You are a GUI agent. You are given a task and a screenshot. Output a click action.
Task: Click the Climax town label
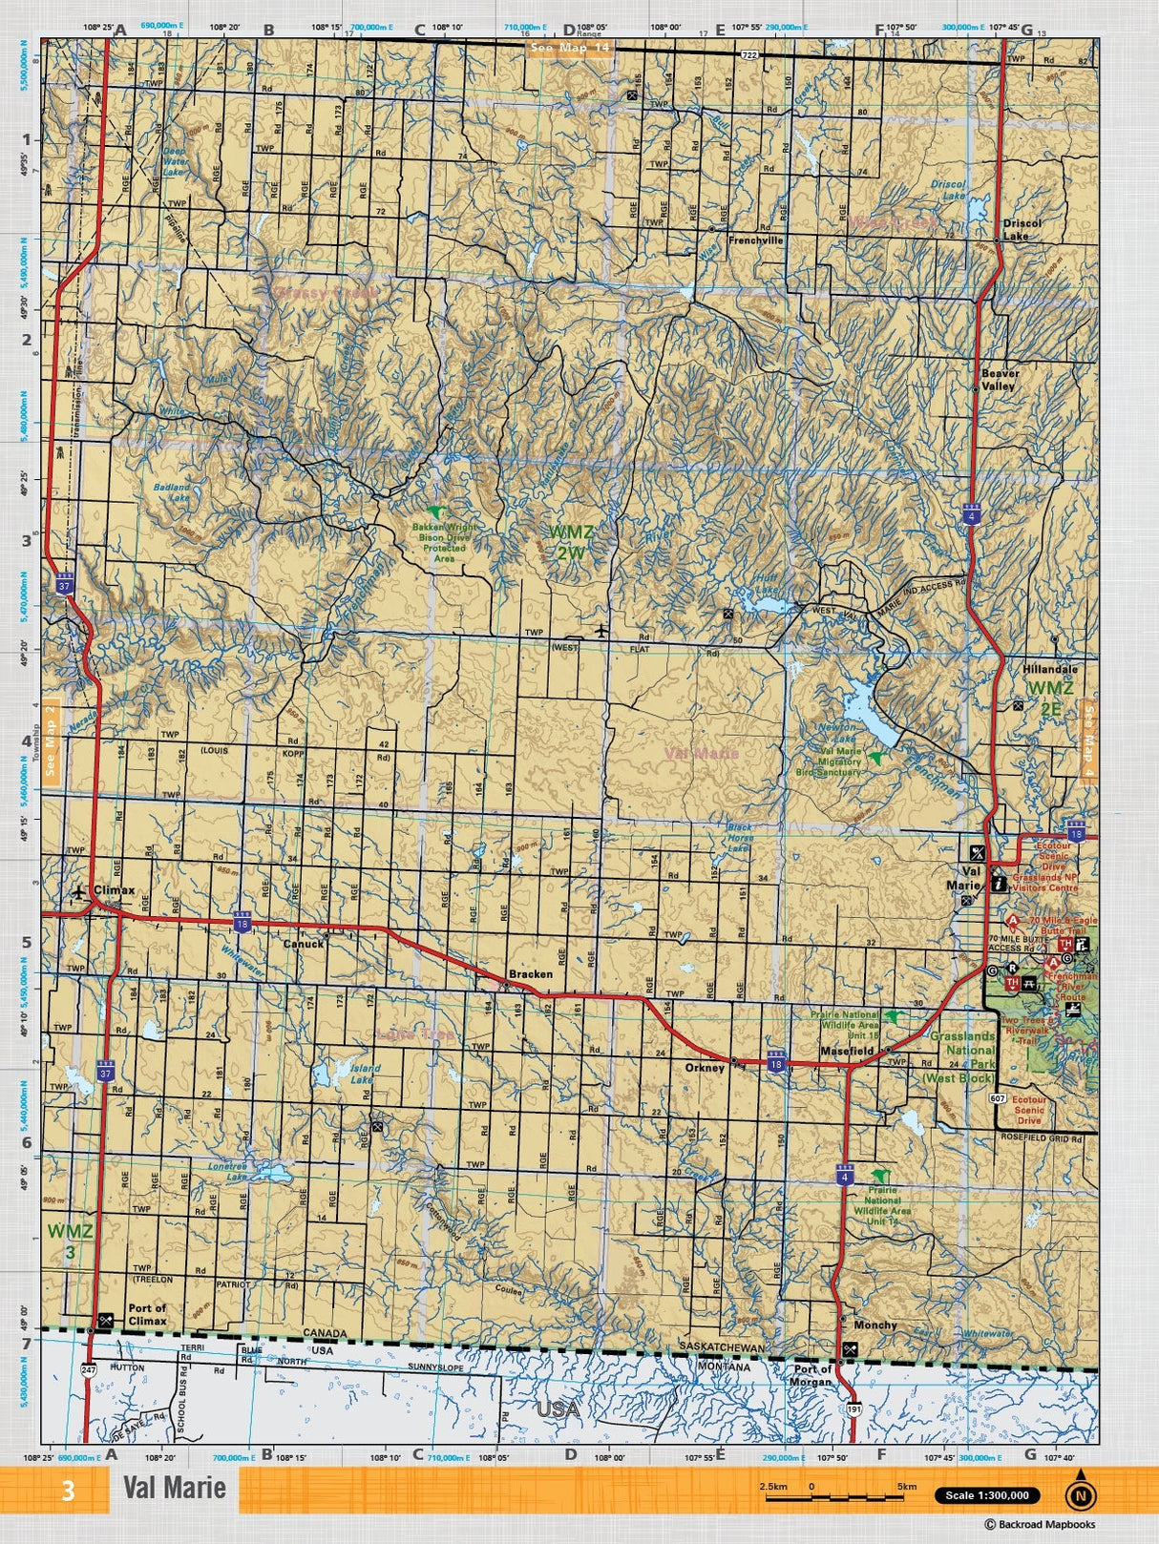(114, 890)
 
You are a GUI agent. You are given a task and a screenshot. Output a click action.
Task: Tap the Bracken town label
(530, 974)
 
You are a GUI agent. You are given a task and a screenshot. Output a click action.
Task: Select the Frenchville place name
(755, 240)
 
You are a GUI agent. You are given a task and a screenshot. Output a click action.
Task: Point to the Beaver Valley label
(1000, 380)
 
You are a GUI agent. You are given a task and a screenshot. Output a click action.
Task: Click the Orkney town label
(705, 1068)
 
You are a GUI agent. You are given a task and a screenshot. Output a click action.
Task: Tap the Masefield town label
(847, 1051)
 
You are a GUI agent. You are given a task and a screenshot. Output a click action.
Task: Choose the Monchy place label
(875, 1325)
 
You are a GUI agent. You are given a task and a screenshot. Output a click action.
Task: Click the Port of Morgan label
(813, 1375)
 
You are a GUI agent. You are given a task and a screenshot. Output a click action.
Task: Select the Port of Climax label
(147, 1314)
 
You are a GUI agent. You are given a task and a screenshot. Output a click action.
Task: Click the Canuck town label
(304, 944)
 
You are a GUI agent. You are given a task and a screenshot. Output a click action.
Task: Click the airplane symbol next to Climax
(79, 892)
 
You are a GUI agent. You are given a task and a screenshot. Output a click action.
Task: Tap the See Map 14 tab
(569, 49)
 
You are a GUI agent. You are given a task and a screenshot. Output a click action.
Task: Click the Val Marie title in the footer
(174, 1488)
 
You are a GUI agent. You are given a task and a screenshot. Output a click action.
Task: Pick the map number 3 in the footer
(68, 1491)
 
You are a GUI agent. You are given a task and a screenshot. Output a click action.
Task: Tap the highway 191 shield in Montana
(854, 1408)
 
